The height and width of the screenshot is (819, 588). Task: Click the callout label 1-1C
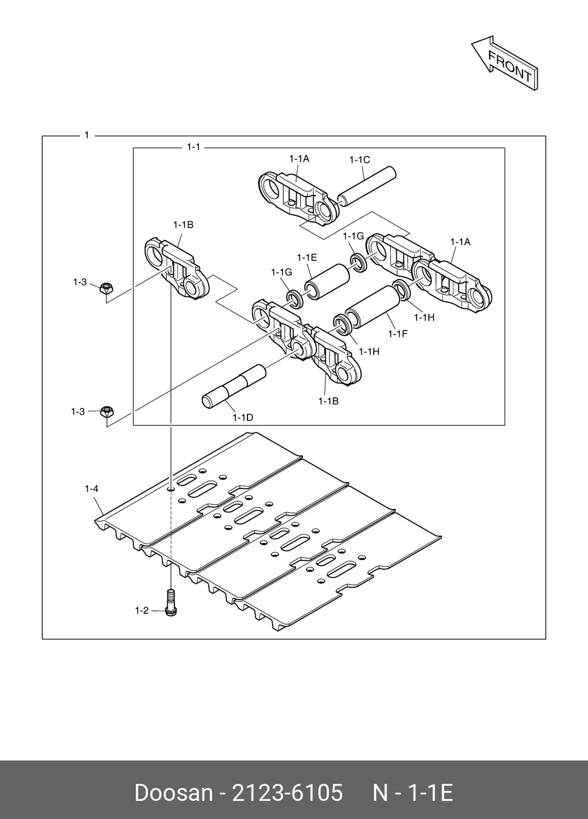(359, 160)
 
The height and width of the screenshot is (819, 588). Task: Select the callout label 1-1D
(242, 417)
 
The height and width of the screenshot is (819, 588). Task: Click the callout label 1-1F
(397, 333)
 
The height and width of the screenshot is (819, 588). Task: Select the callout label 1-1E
(307, 257)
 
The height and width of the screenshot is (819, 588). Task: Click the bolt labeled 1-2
(171, 603)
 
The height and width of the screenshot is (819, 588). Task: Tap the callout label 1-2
(142, 611)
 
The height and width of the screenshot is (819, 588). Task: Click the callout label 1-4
(91, 488)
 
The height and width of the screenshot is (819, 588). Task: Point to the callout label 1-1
(193, 147)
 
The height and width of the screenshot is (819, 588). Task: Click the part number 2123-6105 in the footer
(287, 793)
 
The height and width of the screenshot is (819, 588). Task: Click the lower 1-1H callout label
(369, 351)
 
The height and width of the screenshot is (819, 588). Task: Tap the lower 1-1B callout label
(328, 401)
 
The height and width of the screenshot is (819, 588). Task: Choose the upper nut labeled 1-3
(106, 288)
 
